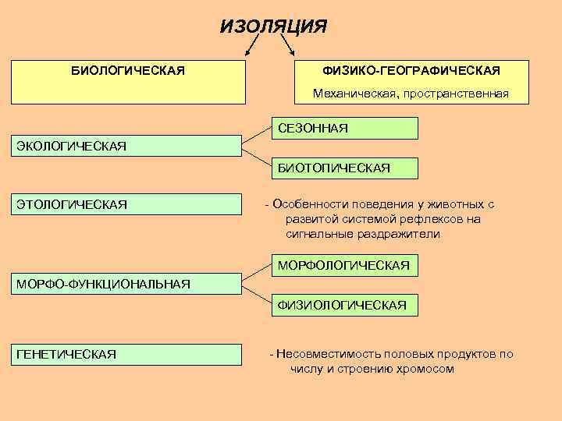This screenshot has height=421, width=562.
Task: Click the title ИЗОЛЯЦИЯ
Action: click(274, 27)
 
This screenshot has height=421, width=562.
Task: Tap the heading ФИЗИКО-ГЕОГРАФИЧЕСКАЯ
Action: click(411, 71)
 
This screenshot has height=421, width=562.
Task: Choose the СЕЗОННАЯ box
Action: click(344, 128)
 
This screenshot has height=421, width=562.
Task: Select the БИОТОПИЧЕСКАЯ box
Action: click(344, 168)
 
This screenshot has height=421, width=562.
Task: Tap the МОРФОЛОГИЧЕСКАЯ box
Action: click(344, 266)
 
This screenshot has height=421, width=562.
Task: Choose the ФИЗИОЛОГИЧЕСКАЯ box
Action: click(344, 305)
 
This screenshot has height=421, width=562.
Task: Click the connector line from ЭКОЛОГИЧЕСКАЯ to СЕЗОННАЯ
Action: click(256, 137)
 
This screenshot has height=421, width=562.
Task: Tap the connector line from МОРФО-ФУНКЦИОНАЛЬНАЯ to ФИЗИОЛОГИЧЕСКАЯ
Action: click(256, 294)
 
